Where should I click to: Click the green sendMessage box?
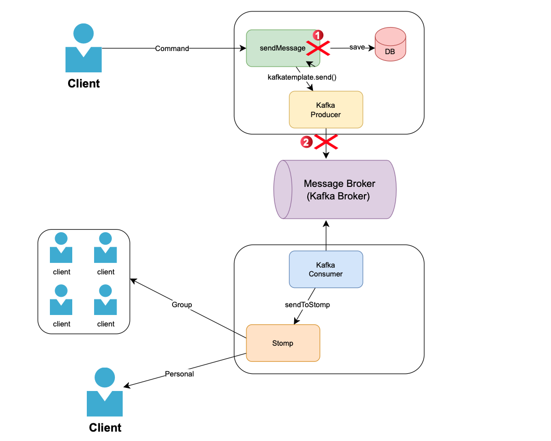[275, 48]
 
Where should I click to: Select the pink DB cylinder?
[390, 47]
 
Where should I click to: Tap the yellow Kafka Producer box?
[325, 109]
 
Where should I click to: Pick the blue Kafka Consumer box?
[325, 269]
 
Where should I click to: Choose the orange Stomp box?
[283, 343]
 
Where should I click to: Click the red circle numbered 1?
[318, 35]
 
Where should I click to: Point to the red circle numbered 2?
[306, 141]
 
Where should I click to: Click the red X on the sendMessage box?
[318, 49]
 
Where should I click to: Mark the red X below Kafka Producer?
[326, 141]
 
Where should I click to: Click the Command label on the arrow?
[172, 48]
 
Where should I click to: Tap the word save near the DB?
[357, 47]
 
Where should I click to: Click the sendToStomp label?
[307, 305]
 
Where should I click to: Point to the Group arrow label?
[182, 305]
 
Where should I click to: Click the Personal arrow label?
[179, 374]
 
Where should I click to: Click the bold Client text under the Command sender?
[84, 83]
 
